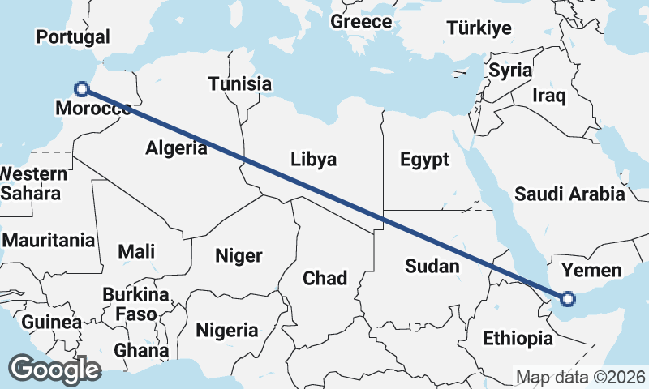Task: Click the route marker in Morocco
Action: point(81,89)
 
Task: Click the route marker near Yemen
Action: point(567,299)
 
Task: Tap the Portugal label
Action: point(73,37)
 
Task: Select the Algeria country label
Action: point(176,147)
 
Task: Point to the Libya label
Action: point(313,159)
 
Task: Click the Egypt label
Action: point(424,160)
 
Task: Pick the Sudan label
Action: point(432,266)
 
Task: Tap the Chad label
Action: point(324,279)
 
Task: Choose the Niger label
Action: point(239,256)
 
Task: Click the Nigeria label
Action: point(227,331)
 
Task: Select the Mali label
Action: point(136,251)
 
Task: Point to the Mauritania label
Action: point(49,241)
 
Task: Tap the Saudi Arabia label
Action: point(569,194)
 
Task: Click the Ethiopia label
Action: point(518,339)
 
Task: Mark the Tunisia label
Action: point(239,84)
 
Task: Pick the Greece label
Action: point(361,22)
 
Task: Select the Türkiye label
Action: point(479,28)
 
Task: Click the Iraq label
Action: point(548,95)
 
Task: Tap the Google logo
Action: point(54,370)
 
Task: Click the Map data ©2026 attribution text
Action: point(581,378)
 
